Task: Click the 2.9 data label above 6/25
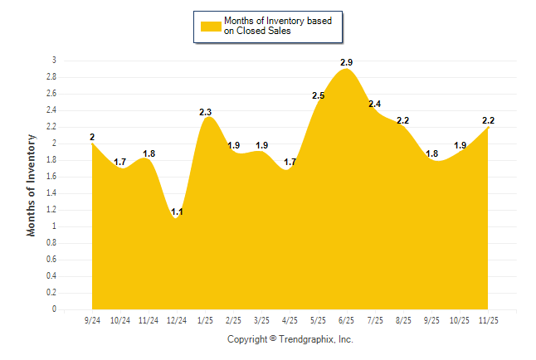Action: click(347, 62)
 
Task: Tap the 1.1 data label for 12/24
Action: click(177, 212)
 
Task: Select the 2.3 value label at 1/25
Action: click(206, 112)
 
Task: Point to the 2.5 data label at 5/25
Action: click(319, 96)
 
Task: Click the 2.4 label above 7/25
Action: click(375, 104)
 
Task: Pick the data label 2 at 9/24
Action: click(92, 137)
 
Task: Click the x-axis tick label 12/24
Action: click(177, 320)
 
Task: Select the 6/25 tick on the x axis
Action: click(347, 320)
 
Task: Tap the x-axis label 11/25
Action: click(488, 320)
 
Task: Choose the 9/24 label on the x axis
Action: click(92, 320)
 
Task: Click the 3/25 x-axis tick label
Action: click(262, 320)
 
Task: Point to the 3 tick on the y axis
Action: click(54, 61)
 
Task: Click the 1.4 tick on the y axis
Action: click(51, 193)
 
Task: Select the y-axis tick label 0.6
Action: click(51, 260)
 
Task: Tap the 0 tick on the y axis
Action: click(54, 309)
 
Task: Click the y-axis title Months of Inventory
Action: click(32, 185)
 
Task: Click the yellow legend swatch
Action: click(211, 26)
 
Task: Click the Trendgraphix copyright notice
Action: click(290, 339)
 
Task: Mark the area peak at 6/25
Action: click(347, 70)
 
